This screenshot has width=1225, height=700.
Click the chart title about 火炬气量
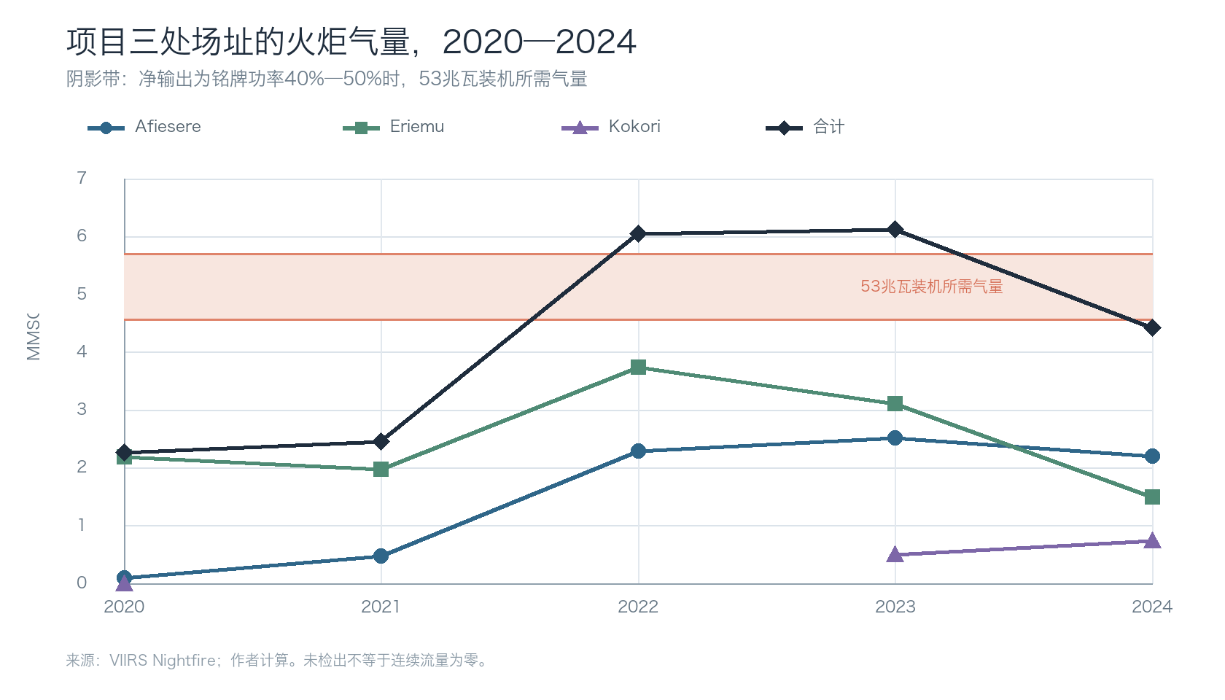[351, 42]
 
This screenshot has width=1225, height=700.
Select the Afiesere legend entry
[144, 127]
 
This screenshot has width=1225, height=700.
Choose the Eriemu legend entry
[393, 127]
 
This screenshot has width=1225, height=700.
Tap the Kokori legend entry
[611, 127]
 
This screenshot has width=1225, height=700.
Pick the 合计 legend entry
[805, 127]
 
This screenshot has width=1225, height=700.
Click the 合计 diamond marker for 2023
[895, 230]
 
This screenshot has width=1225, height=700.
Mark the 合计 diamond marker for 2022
[638, 234]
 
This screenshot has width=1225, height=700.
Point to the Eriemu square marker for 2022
[638, 367]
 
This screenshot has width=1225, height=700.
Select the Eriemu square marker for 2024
[1152, 497]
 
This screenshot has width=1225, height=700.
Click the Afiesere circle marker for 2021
[381, 556]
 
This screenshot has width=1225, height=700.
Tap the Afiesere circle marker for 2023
[895, 438]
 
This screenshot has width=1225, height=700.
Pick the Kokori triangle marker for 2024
[1152, 541]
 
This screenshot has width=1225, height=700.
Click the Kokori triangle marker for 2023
[895, 554]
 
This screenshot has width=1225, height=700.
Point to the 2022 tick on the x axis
[638, 607]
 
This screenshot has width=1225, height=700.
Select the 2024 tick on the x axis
[1152, 607]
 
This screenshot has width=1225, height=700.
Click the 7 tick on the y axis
[82, 178]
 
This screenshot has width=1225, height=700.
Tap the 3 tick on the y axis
[82, 410]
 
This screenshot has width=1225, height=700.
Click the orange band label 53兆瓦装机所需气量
[932, 287]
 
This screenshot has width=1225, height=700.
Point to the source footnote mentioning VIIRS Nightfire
[276, 661]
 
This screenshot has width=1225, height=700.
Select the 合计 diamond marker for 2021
[381, 441]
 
